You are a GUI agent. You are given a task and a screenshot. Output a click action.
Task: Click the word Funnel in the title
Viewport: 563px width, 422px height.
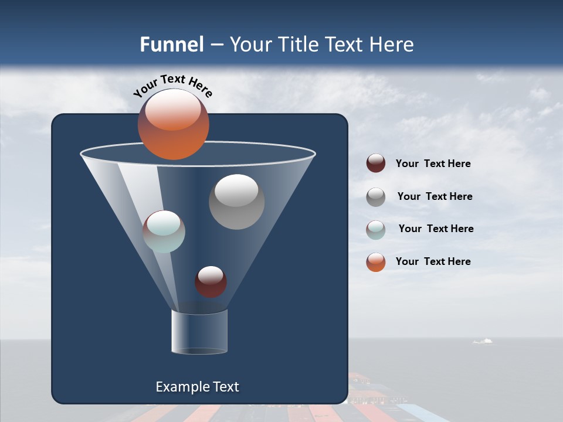(171, 45)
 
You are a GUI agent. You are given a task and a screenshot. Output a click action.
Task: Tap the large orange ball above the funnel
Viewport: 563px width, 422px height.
(173, 124)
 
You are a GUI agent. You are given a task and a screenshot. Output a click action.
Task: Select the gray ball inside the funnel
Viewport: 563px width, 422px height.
(236, 202)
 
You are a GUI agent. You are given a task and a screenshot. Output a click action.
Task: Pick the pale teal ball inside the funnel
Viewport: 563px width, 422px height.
(164, 232)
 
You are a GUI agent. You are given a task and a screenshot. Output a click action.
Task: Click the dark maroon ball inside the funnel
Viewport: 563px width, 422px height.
(211, 281)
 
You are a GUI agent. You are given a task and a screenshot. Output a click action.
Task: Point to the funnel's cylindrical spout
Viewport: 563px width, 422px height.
(199, 332)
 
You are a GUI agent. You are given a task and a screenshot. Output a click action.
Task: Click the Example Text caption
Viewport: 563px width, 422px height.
(197, 387)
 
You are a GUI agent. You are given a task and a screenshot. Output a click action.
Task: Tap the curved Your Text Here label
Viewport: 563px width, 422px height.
(172, 86)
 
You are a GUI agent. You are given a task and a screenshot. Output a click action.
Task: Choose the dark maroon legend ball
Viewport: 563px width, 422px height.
(376, 164)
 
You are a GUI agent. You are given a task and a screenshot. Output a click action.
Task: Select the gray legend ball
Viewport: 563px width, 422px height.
(376, 197)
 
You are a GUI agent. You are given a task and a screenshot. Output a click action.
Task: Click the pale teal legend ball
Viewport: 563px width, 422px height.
(376, 230)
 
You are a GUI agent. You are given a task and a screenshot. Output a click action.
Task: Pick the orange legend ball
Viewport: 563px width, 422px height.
(376, 262)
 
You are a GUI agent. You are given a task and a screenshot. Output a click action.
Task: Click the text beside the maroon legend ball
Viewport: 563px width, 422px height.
(433, 164)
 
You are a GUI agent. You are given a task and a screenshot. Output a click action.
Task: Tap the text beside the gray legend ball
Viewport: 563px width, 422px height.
(435, 197)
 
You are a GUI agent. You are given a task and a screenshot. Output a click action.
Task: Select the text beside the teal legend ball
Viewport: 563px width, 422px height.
(436, 229)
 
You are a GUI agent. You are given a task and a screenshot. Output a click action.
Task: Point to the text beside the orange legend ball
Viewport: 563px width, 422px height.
(433, 261)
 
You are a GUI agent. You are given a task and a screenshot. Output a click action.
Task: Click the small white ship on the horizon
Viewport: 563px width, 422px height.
(483, 341)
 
